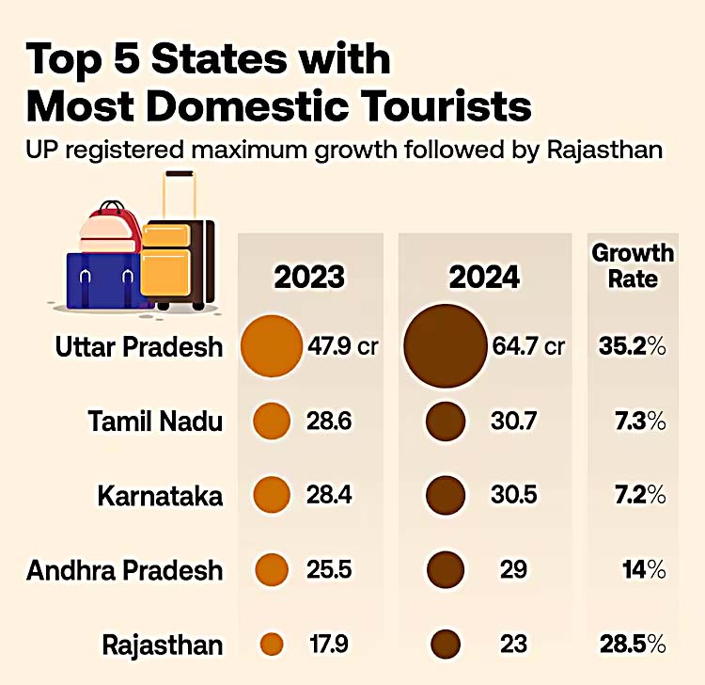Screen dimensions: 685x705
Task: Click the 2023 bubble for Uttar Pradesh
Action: (x=273, y=346)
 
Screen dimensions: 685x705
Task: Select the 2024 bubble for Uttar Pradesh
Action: (x=445, y=344)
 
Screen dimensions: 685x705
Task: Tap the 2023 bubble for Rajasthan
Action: (x=272, y=645)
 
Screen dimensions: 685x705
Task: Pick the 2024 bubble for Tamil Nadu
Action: (x=445, y=420)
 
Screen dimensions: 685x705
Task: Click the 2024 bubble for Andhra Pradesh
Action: (x=445, y=569)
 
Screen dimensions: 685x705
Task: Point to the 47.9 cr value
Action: (x=342, y=346)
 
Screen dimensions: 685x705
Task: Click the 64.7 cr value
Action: (x=528, y=346)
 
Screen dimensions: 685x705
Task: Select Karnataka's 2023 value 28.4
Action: (x=329, y=495)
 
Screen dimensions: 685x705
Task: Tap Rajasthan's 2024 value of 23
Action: (x=513, y=645)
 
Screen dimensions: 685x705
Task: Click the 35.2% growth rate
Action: (x=632, y=346)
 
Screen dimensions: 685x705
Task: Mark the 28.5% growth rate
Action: (x=632, y=645)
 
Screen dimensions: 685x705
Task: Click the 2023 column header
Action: (x=309, y=278)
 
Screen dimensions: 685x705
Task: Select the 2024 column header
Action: (x=484, y=278)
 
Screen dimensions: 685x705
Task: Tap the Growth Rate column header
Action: (x=632, y=265)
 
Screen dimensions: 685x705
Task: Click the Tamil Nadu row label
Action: (x=155, y=421)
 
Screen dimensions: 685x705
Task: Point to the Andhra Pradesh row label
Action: (x=125, y=570)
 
